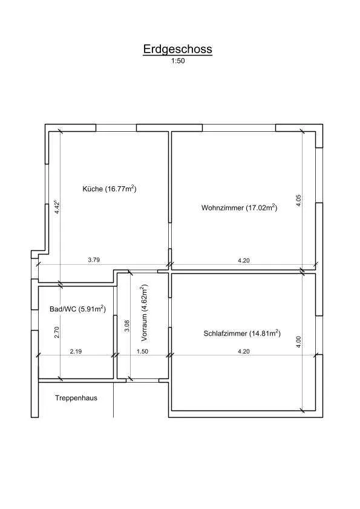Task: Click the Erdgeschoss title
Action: tap(178, 50)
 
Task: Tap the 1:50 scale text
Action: tap(178, 61)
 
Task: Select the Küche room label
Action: tap(109, 189)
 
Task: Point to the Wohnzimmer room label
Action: tap(239, 207)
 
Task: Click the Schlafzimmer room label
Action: tap(242, 333)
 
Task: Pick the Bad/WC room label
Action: tap(77, 309)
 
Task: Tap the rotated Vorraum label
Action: tap(144, 313)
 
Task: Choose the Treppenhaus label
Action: tap(76, 398)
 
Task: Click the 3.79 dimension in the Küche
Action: tap(94, 260)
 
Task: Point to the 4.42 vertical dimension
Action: tap(57, 207)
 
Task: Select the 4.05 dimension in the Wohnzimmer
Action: tap(299, 200)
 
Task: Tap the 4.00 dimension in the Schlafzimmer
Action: tap(299, 342)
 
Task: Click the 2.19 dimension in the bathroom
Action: tap(76, 351)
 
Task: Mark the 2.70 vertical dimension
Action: tap(57, 332)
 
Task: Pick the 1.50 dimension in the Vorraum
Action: tap(142, 351)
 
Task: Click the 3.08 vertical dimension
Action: tap(127, 326)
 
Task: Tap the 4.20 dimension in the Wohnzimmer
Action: tap(244, 261)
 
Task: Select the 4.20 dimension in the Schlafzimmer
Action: tap(244, 351)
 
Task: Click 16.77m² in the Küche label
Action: tap(120, 189)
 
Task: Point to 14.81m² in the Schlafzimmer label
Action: tap(265, 333)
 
